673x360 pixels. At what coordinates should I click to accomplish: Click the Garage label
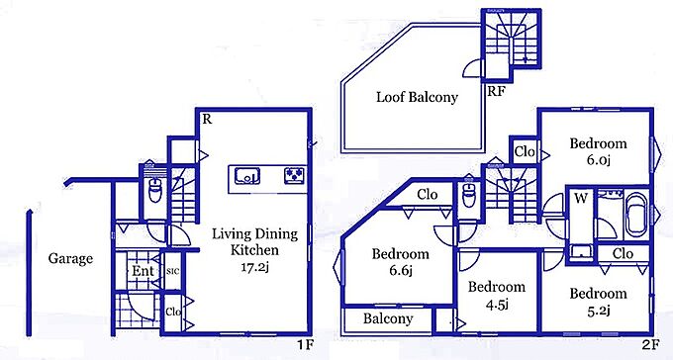pyautogui.click(x=70, y=258)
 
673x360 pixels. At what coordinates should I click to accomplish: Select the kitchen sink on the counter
pyautogui.click(x=247, y=176)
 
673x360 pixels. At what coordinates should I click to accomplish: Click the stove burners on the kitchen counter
pyautogui.click(x=295, y=176)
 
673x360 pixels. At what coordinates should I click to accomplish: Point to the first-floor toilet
pyautogui.click(x=154, y=190)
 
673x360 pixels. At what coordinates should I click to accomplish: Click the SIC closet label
pyautogui.click(x=172, y=271)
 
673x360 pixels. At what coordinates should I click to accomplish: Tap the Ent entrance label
pyautogui.click(x=143, y=271)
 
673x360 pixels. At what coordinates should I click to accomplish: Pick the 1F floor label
pyautogui.click(x=305, y=344)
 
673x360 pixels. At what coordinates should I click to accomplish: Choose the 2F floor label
pyautogui.click(x=650, y=344)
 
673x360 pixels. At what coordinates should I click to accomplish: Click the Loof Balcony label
pyautogui.click(x=418, y=97)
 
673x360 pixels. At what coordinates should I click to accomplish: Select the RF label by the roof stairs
pyautogui.click(x=497, y=91)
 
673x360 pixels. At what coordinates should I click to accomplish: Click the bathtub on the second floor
pyautogui.click(x=636, y=214)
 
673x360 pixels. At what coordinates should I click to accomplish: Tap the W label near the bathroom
pyautogui.click(x=580, y=198)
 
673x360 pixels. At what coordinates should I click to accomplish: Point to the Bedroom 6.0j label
pyautogui.click(x=598, y=151)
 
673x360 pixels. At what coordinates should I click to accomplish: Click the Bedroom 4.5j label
pyautogui.click(x=497, y=295)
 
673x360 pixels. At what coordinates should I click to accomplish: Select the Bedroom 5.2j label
pyautogui.click(x=599, y=302)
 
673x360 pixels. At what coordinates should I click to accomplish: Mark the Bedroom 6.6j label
pyautogui.click(x=400, y=262)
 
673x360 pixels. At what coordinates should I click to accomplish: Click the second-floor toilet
pyautogui.click(x=469, y=196)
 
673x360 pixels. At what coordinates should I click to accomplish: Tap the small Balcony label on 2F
pyautogui.click(x=388, y=318)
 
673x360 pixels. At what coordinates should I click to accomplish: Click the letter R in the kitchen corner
pyautogui.click(x=207, y=120)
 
